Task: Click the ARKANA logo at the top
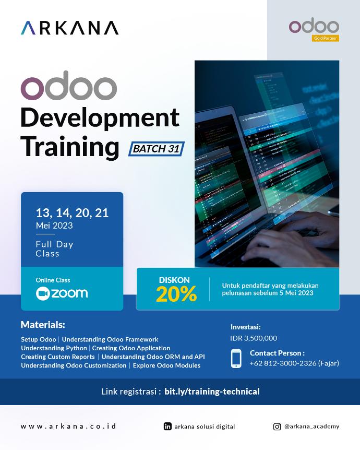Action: (x=69, y=28)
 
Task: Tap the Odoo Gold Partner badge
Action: (x=314, y=30)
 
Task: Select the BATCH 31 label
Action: (x=156, y=149)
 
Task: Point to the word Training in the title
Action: (x=70, y=147)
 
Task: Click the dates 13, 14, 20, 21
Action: (x=72, y=213)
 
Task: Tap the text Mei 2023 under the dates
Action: (x=54, y=226)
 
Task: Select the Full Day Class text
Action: (x=54, y=249)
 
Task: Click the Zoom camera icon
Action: (x=42, y=293)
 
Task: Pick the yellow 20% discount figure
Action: (x=176, y=295)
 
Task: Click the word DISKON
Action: (x=174, y=280)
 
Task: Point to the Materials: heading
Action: (x=43, y=325)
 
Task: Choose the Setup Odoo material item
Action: (x=39, y=339)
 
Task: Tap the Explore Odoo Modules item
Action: (x=166, y=365)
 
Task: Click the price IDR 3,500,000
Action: (x=254, y=338)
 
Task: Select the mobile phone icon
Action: (x=236, y=359)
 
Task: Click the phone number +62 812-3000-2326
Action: (x=282, y=363)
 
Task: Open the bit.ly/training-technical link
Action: (x=211, y=392)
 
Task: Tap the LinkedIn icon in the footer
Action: (x=167, y=427)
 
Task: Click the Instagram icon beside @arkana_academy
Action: (x=277, y=427)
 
